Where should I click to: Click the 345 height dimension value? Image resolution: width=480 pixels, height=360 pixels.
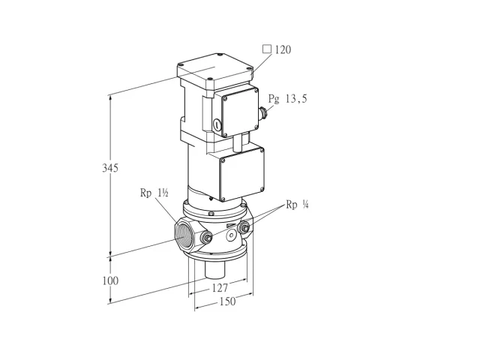(x=110, y=168)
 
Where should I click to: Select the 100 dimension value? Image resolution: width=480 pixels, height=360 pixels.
(x=110, y=280)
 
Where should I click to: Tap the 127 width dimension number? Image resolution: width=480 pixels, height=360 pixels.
(x=220, y=288)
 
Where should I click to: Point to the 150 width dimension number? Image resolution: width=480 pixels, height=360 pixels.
(x=227, y=301)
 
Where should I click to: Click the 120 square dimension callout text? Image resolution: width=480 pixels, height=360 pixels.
(x=283, y=49)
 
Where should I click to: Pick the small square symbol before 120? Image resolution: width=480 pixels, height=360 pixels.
(x=267, y=49)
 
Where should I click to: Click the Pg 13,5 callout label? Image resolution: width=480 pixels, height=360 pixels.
(x=287, y=99)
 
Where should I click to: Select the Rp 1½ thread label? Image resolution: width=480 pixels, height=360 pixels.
(x=154, y=193)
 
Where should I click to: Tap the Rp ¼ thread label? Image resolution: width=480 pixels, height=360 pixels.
(x=297, y=205)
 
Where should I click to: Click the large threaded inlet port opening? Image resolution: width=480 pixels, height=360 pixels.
(x=184, y=234)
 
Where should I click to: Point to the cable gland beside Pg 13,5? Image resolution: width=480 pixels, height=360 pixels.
(x=263, y=113)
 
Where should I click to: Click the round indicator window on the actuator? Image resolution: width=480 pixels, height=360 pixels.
(x=217, y=124)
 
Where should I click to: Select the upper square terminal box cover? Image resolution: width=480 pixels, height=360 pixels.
(x=239, y=112)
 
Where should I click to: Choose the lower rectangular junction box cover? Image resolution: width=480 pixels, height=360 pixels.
(x=241, y=175)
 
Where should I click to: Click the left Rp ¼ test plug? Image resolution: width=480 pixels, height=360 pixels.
(x=206, y=237)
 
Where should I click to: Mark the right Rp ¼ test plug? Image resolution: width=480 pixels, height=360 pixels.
(x=244, y=227)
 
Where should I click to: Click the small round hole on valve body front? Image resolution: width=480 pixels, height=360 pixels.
(x=231, y=235)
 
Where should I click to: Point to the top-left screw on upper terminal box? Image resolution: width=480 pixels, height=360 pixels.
(x=225, y=99)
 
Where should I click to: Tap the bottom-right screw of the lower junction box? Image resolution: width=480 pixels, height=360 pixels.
(x=262, y=189)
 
